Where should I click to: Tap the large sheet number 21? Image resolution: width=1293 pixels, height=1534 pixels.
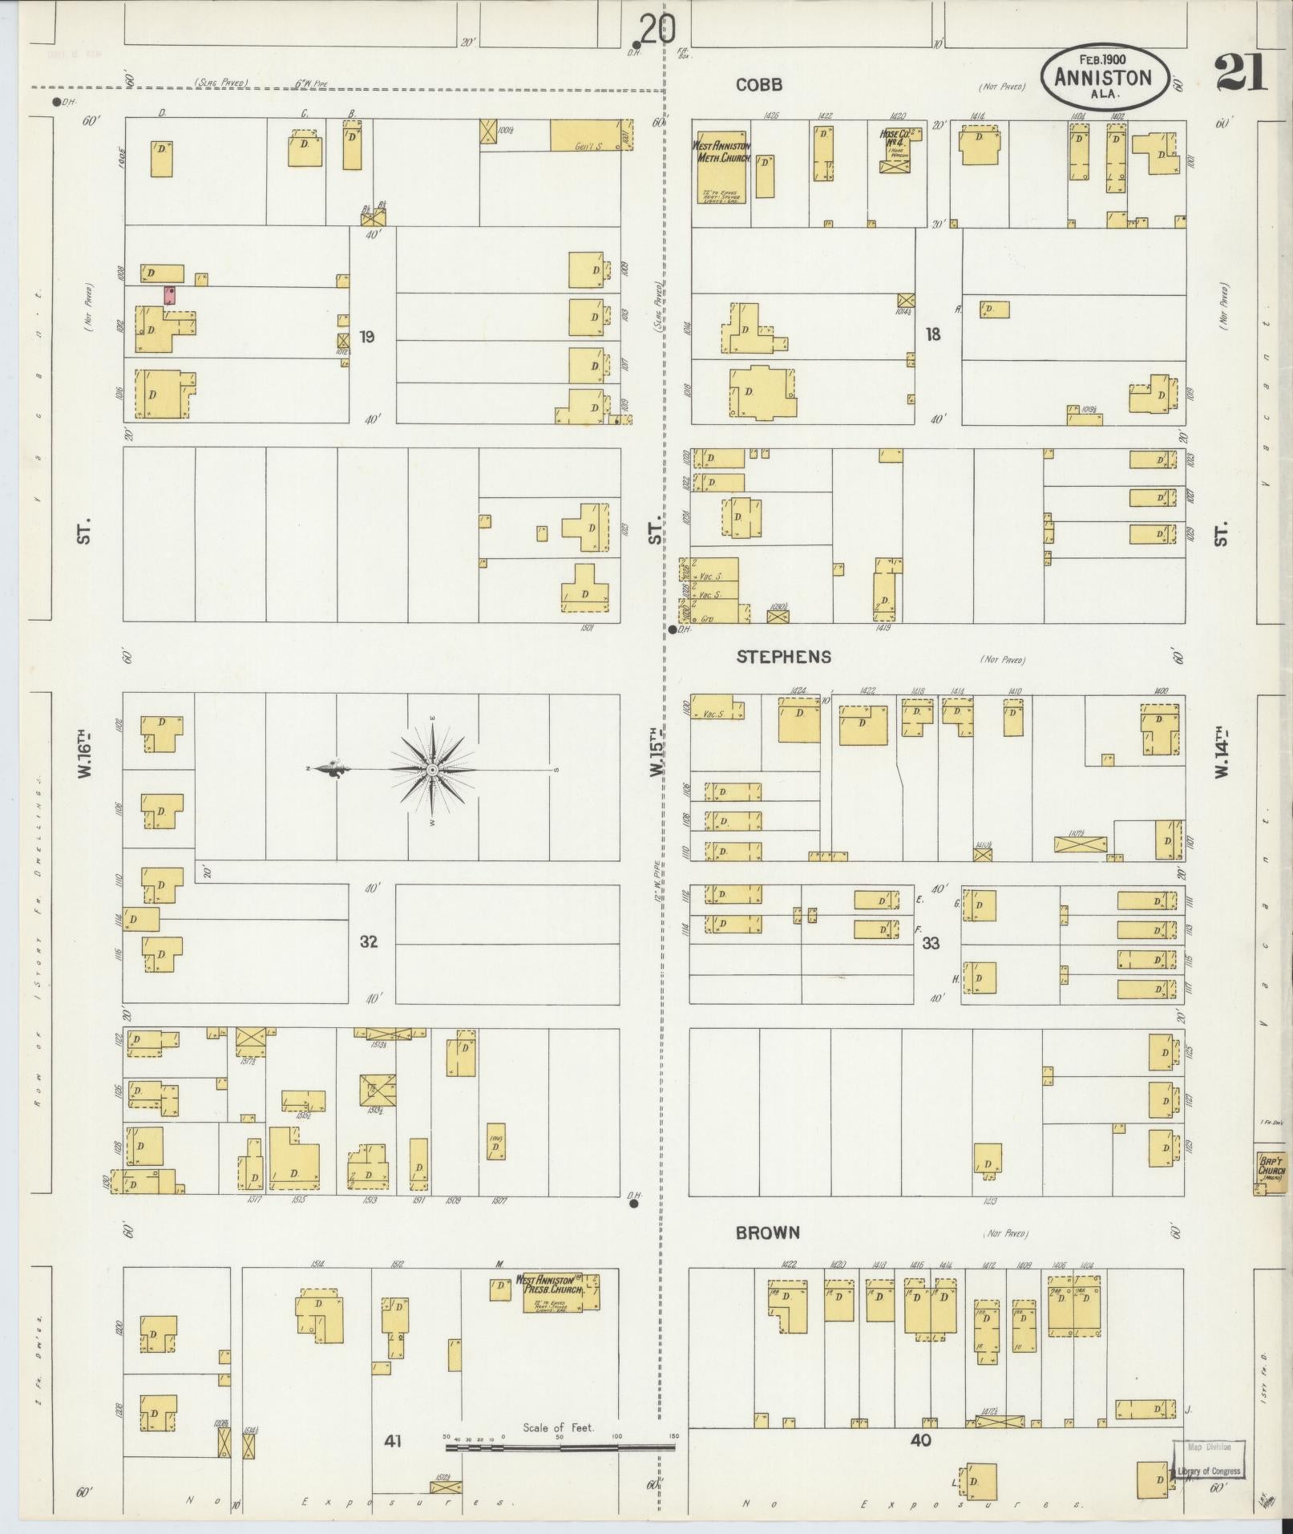point(1241,73)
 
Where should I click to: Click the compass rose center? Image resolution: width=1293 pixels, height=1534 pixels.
point(433,770)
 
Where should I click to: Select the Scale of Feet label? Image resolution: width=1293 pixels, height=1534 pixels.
point(559,1427)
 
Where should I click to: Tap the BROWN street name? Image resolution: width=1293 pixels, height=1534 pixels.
point(767,1232)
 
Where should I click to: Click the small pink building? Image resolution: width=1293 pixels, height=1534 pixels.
point(170,294)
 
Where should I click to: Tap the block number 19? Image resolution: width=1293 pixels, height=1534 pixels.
point(367,337)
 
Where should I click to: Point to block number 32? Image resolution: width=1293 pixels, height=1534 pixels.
point(368,941)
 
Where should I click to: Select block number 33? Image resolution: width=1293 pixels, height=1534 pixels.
point(930,943)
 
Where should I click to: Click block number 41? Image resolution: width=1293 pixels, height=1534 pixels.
point(392,1441)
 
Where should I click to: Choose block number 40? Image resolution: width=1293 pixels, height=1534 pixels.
point(921,1440)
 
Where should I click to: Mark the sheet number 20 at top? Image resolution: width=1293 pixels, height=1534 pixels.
point(657,30)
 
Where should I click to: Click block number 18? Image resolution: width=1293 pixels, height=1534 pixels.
point(932,334)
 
